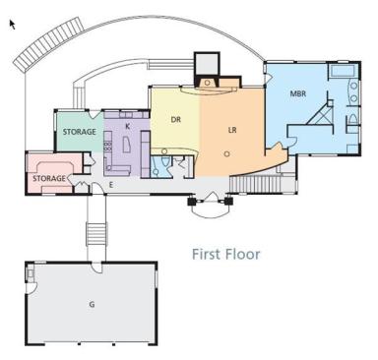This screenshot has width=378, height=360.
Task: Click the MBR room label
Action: pyautogui.click(x=298, y=93)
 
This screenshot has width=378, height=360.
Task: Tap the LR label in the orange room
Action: pyautogui.click(x=232, y=130)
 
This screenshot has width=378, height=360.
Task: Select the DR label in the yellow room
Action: pyautogui.click(x=176, y=120)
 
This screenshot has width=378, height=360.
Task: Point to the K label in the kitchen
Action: pyautogui.click(x=128, y=126)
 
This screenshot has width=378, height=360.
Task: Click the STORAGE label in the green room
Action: pyautogui.click(x=80, y=132)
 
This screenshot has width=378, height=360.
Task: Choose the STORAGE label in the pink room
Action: pyautogui.click(x=49, y=178)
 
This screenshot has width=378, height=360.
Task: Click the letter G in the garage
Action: pyautogui.click(x=92, y=304)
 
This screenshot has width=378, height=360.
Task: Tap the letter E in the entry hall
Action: pyautogui.click(x=111, y=185)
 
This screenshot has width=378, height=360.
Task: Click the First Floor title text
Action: pyautogui.click(x=225, y=254)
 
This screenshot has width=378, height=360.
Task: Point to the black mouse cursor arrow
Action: pyautogui.click(x=12, y=25)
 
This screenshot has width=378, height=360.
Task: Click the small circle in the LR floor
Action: pyautogui.click(x=226, y=153)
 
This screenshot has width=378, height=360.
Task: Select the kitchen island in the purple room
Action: pyautogui.click(x=126, y=145)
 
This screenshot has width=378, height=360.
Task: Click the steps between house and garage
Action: pyautogui.click(x=96, y=234)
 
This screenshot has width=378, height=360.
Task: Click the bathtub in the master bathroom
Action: pyautogui.click(x=343, y=71)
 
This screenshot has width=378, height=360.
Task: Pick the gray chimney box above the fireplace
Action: pyautogui.click(x=207, y=64)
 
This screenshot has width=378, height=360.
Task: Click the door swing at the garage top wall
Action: pyautogui.click(x=96, y=267)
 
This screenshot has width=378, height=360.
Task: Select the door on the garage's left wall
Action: pyautogui.click(x=31, y=289)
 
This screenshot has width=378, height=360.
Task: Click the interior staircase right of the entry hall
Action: pyautogui.click(x=256, y=184)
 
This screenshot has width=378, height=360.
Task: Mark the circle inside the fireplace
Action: pyautogui.click(x=207, y=83)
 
